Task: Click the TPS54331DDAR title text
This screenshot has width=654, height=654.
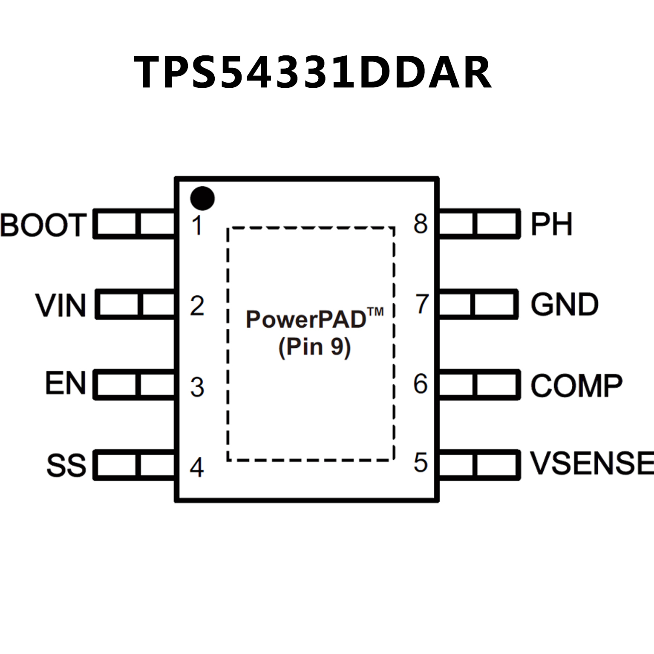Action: click(313, 72)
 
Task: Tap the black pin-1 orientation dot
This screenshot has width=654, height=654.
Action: click(202, 198)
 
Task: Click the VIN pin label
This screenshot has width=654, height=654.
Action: click(61, 305)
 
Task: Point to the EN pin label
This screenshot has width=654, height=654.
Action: click(66, 383)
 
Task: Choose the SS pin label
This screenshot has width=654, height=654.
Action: click(66, 465)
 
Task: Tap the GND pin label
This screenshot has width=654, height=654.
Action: click(565, 304)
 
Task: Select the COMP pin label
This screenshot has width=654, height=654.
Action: click(576, 386)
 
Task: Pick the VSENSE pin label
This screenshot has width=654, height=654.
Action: click(592, 463)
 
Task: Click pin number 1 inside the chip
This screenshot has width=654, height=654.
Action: click(196, 225)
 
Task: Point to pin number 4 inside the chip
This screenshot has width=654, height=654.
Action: click(196, 467)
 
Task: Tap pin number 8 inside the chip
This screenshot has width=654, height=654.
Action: click(421, 224)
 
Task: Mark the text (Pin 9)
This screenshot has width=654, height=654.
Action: click(314, 347)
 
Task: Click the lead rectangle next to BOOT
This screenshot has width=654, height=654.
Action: click(134, 224)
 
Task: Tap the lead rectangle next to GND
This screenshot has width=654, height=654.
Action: click(478, 304)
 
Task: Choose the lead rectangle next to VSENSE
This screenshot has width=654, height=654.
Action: click(479, 465)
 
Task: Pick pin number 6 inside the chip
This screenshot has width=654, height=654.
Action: click(421, 383)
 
